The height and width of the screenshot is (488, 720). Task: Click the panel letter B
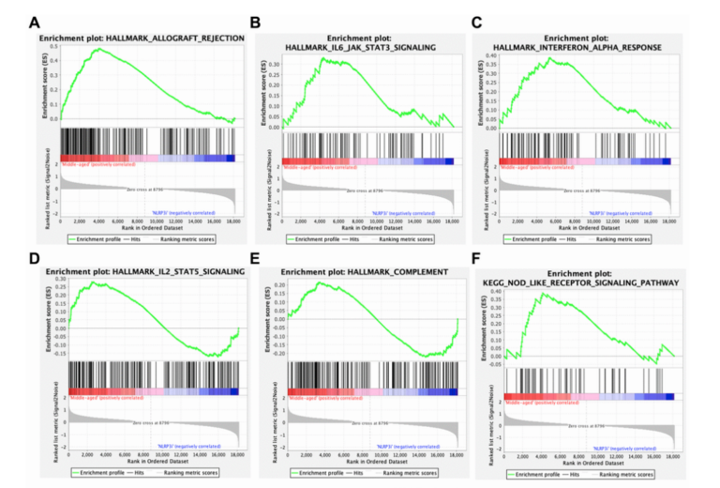pos(256,21)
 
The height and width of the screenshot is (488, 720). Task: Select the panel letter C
pos(478,21)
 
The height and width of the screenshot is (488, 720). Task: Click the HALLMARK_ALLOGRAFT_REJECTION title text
pos(142,38)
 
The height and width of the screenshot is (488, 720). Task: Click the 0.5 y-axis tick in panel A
pos(53,45)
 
